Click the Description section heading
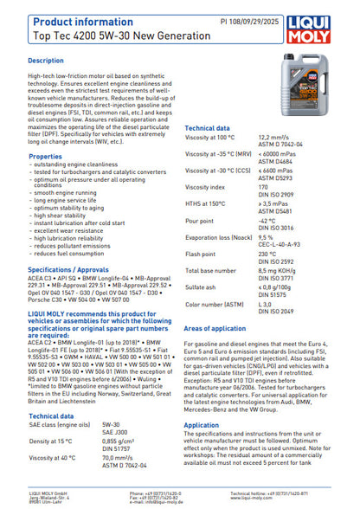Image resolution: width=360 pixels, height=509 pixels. (46, 61)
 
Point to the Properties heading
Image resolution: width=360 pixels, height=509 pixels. (45, 156)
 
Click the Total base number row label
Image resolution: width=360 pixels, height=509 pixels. (210, 269)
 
